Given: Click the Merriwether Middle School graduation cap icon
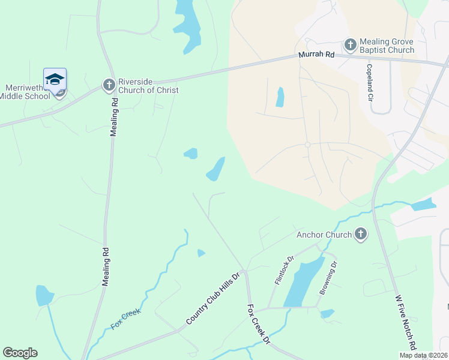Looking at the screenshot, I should coord(55,79).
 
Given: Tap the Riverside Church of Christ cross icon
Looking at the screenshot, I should coord(109,85).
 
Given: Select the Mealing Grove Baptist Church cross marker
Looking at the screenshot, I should coord(350,45).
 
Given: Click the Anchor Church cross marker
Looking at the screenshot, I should coord(360,234).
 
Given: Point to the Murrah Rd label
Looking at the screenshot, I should coord(316,55).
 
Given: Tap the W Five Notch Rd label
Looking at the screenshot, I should coord(406,322).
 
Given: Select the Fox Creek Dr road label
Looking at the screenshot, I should coord(259,324).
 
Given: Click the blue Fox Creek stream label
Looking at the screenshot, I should coord(126,319).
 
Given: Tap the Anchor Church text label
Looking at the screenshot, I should coord(324,234).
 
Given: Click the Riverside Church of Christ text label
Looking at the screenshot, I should coord(148,86).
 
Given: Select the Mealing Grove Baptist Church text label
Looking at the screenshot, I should coord(387,46).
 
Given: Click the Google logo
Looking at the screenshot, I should coord(20,353).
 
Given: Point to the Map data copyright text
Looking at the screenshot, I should coord(422,355).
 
